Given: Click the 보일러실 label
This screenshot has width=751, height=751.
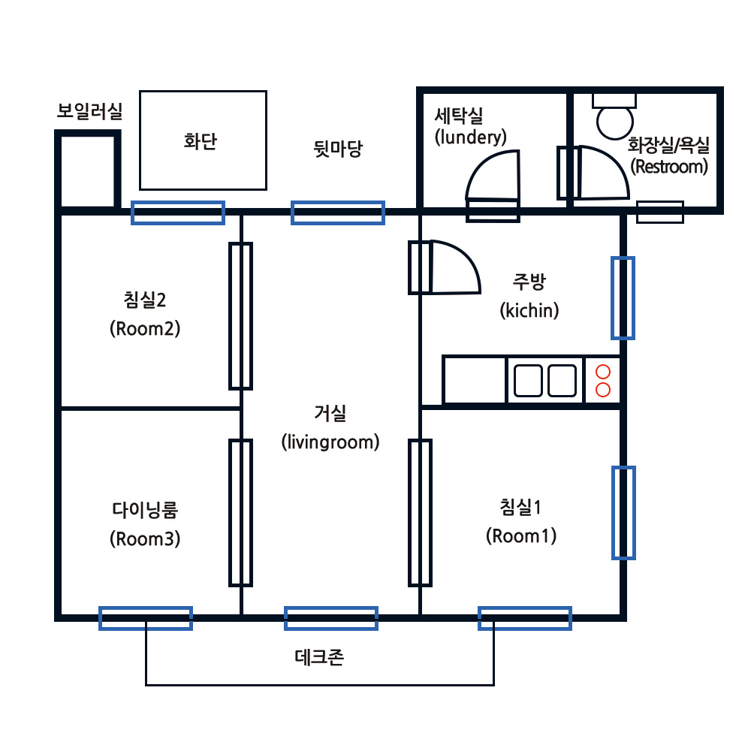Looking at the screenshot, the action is (89, 111).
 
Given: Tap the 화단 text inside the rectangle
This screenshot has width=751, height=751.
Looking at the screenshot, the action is (201, 141).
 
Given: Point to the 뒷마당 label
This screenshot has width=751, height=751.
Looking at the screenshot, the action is (338, 149).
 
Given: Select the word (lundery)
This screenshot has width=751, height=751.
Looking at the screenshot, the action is (470, 137).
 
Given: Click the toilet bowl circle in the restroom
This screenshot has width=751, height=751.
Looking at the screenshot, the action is (615, 122).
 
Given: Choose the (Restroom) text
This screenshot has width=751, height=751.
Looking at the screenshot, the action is (669, 167).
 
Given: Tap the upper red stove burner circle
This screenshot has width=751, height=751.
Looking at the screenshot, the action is (603, 372).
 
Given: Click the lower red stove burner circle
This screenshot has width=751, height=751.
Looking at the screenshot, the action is (603, 390).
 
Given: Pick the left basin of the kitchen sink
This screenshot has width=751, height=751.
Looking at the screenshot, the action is (528, 381).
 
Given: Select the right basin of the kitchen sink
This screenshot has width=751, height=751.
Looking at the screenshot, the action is (562, 381).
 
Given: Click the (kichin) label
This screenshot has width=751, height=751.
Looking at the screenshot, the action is (529, 310).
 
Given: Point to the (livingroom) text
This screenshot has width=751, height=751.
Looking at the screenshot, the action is (330, 442).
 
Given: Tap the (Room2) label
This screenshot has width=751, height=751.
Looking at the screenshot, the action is (145, 329).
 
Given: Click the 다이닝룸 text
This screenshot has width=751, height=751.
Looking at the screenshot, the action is (145, 510).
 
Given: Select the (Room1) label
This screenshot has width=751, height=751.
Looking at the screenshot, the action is (521, 536).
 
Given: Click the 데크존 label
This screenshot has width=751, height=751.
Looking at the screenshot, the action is (319, 657).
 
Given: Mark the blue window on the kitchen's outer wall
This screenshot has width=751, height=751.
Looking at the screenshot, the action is (623, 298).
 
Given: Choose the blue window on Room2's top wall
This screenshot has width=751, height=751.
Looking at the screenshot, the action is (178, 213).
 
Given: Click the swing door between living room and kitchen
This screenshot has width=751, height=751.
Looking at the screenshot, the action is (445, 267).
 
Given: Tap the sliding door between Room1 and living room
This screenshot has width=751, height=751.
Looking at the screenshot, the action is (420, 513).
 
